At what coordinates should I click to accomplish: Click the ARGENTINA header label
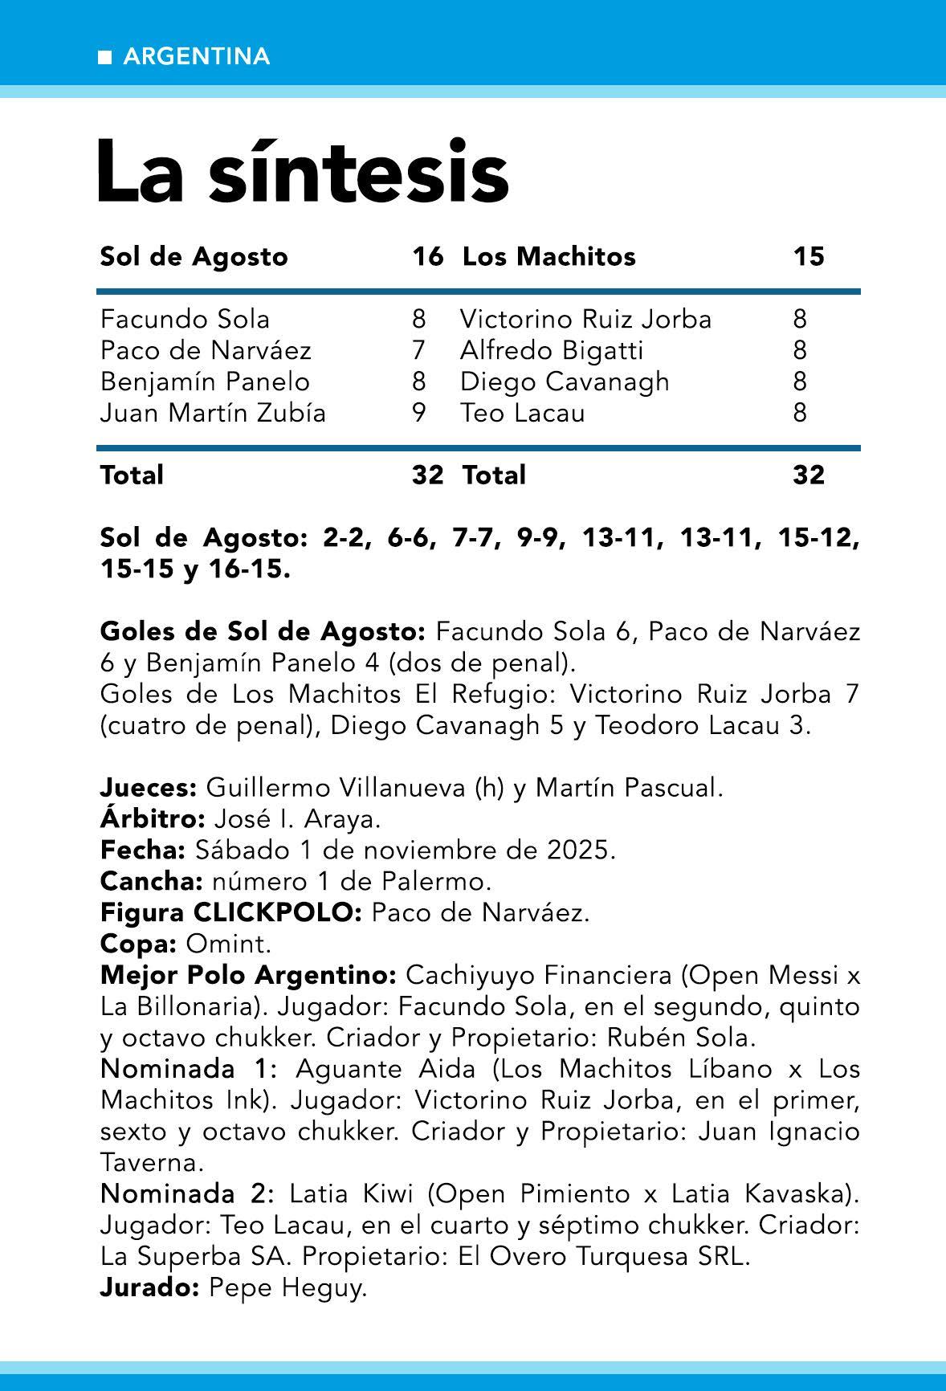tap(197, 57)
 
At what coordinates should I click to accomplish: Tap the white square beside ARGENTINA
tap(104, 57)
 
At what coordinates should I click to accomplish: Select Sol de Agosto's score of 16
tap(427, 257)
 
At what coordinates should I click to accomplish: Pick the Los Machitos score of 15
tap(808, 257)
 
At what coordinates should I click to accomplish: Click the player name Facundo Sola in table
tap(185, 320)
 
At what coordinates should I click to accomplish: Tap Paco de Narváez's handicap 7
tap(418, 351)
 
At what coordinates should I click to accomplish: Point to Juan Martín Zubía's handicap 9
tap(418, 414)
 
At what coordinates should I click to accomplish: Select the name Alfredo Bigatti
tap(552, 351)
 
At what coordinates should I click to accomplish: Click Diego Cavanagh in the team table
tap(565, 382)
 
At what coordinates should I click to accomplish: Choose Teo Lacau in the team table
tap(522, 414)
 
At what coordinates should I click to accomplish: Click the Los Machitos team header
tap(548, 257)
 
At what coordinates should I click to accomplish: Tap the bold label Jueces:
tap(149, 789)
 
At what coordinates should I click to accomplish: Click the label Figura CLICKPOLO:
tap(231, 913)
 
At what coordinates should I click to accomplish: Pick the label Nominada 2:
tap(187, 1194)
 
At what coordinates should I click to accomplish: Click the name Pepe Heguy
tap(287, 1288)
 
